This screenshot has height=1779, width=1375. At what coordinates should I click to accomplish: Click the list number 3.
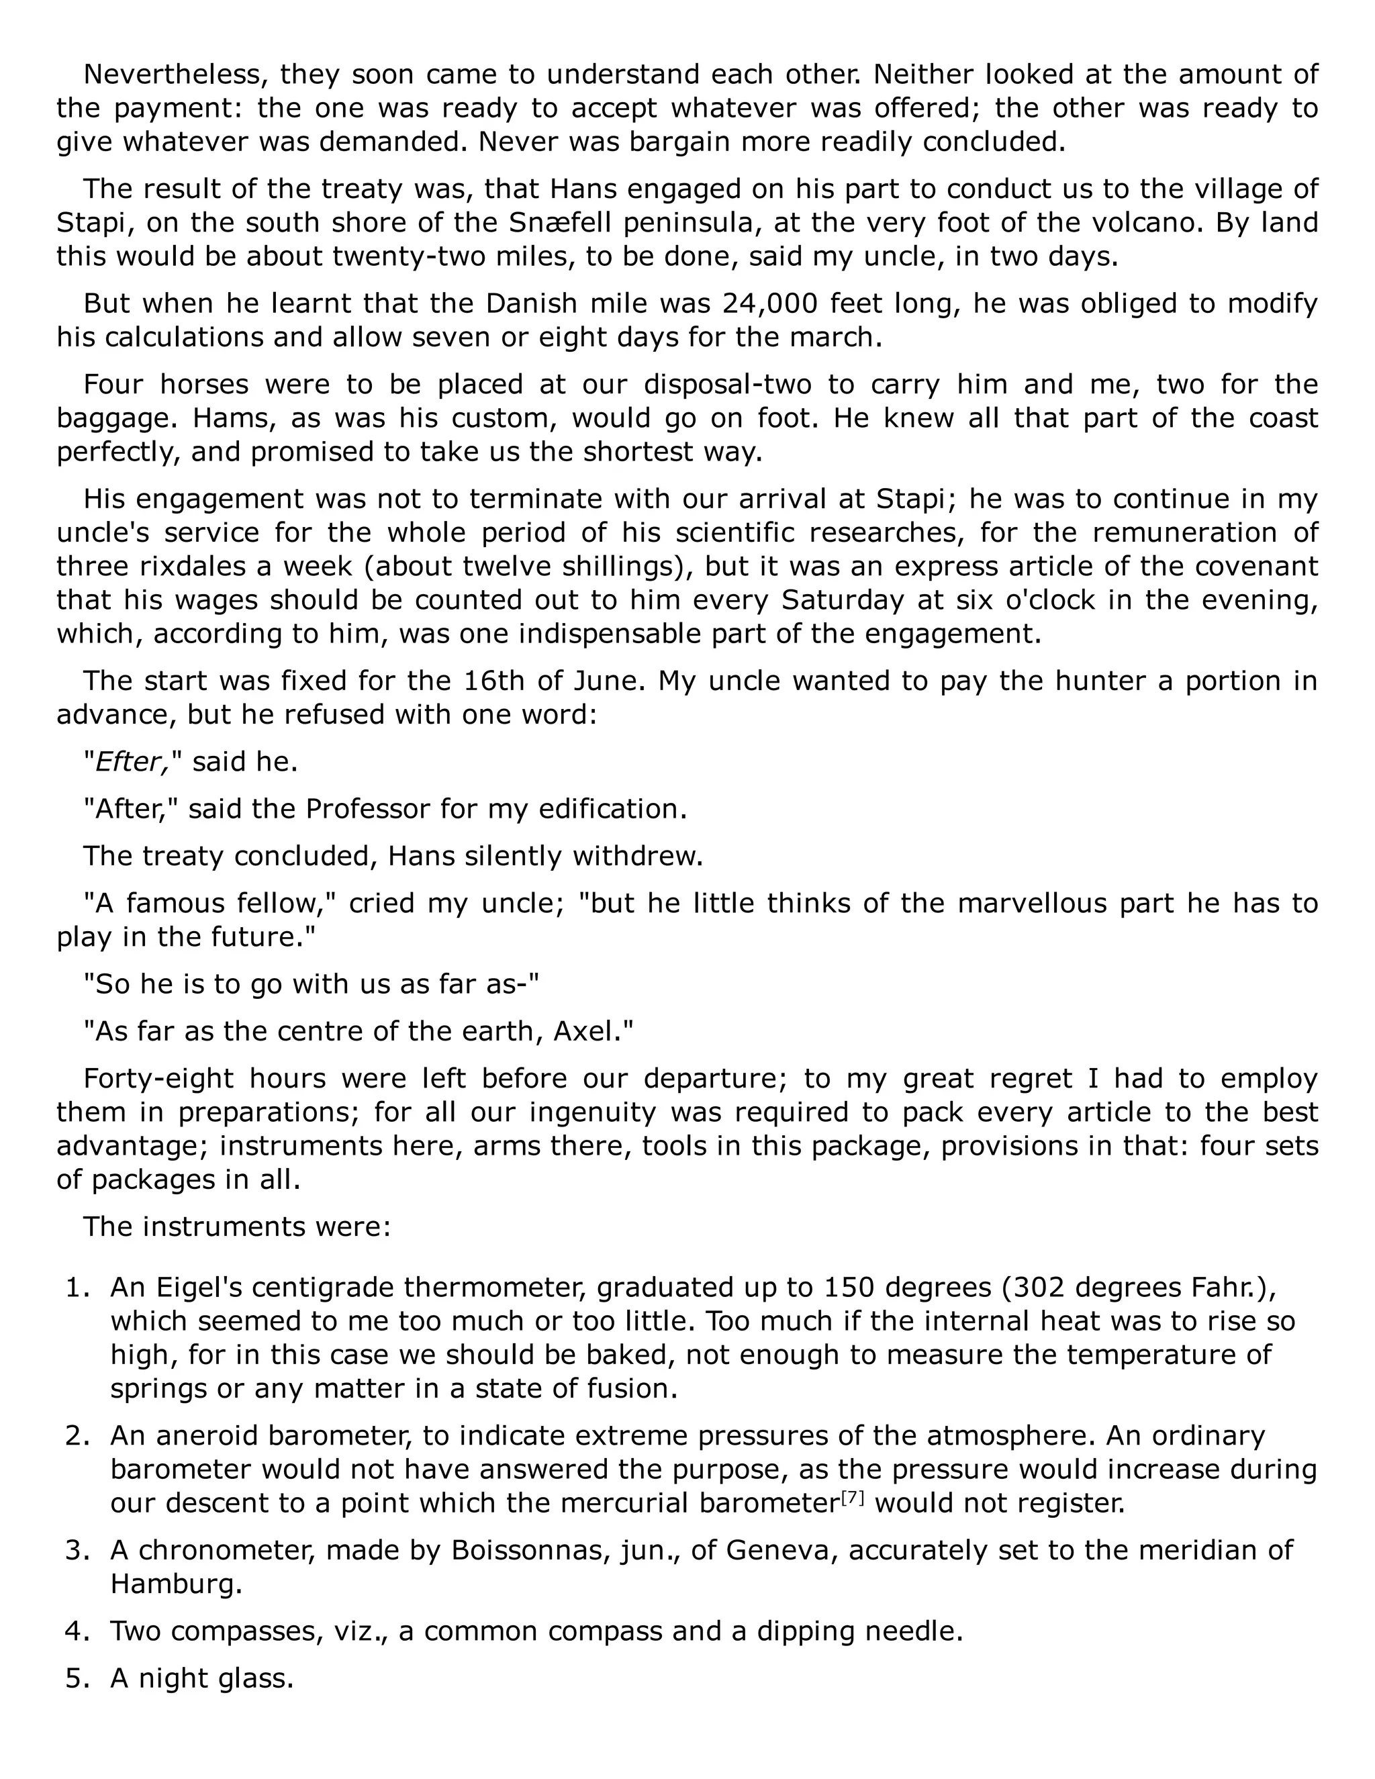(76, 1550)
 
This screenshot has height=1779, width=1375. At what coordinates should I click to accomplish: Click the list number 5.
(76, 1679)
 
